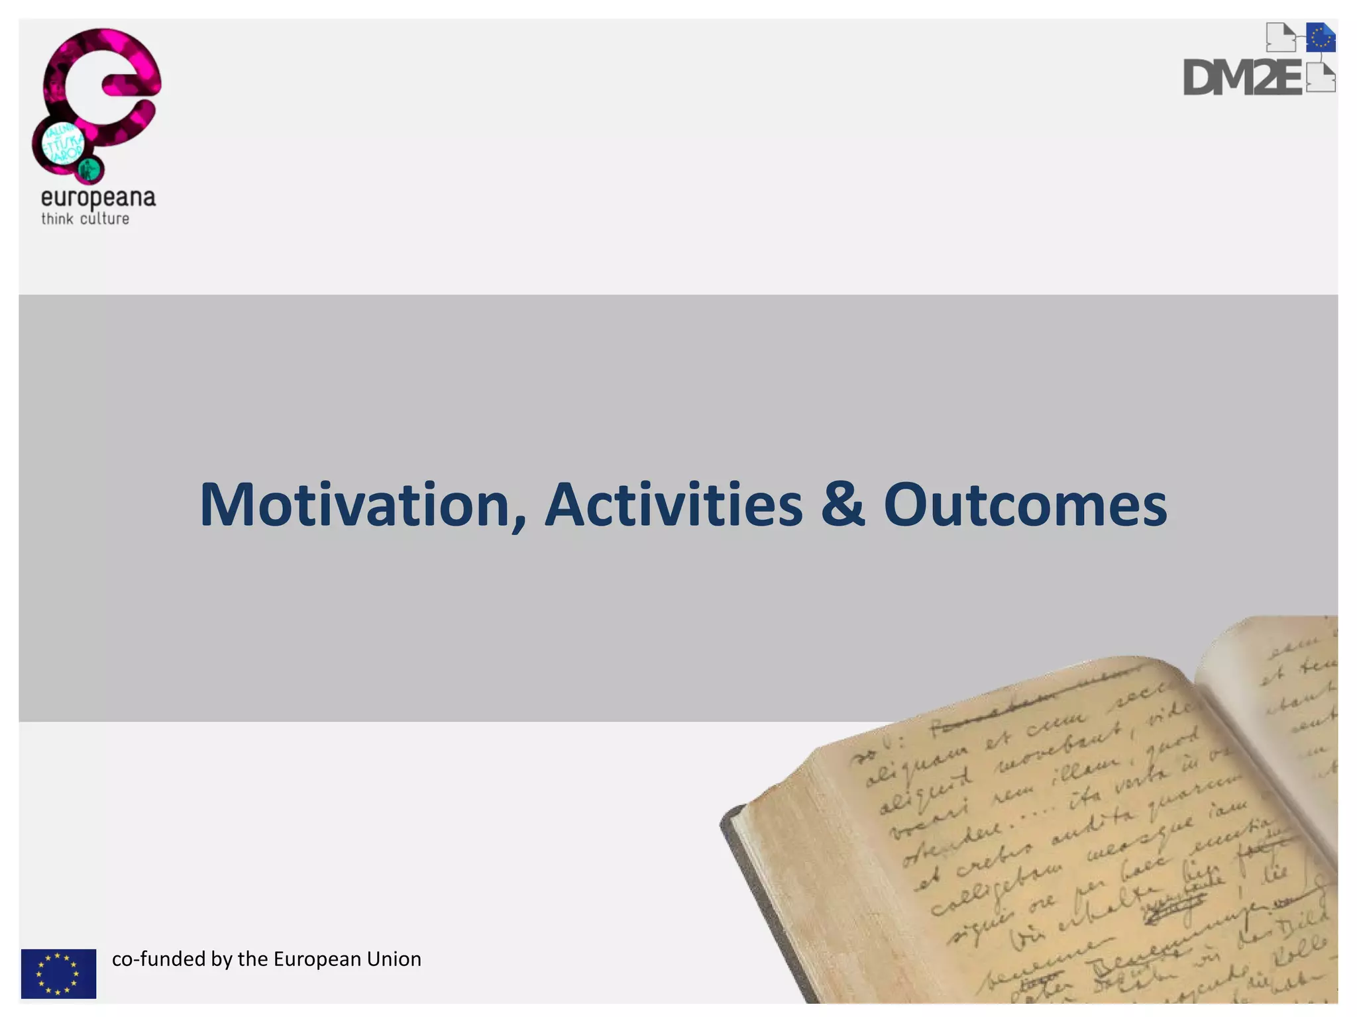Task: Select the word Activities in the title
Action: point(673,505)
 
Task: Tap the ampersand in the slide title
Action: point(843,505)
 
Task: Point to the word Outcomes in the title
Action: point(1025,505)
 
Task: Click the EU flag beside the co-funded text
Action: point(58,973)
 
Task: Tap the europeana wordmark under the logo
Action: point(98,198)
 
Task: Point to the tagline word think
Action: point(57,219)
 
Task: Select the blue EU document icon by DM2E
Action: point(1321,37)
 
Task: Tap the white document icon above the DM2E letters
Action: point(1280,37)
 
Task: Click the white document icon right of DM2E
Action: point(1321,79)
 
